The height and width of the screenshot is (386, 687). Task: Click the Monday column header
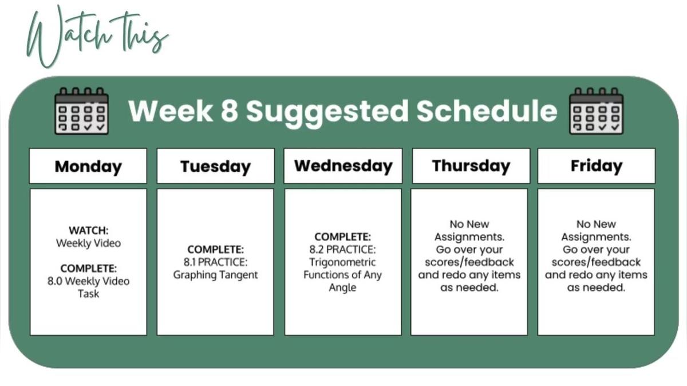click(88, 166)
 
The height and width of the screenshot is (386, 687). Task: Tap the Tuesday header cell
click(216, 166)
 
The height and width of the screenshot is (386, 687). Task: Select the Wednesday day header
click(343, 166)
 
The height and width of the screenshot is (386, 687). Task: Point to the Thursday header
click(471, 166)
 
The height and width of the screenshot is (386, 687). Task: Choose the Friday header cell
click(597, 166)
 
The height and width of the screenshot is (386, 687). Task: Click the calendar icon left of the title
click(81, 111)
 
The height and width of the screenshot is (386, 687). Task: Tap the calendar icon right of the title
click(596, 111)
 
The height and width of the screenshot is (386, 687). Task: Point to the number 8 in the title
click(230, 111)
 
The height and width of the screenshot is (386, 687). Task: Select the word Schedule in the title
click(487, 111)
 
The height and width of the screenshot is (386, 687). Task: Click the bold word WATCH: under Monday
click(89, 230)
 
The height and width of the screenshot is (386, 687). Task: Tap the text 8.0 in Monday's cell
click(54, 281)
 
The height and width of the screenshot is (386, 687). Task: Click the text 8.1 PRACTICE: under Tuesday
click(216, 262)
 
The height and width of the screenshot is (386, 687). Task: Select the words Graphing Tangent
click(216, 275)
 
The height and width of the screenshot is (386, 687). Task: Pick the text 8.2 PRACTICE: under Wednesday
click(342, 250)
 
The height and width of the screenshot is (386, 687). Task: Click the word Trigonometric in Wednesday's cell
click(342, 262)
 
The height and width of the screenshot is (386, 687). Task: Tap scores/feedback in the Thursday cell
click(469, 262)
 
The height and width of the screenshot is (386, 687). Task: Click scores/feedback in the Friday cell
click(596, 262)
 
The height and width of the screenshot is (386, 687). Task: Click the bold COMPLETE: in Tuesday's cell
click(216, 250)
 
